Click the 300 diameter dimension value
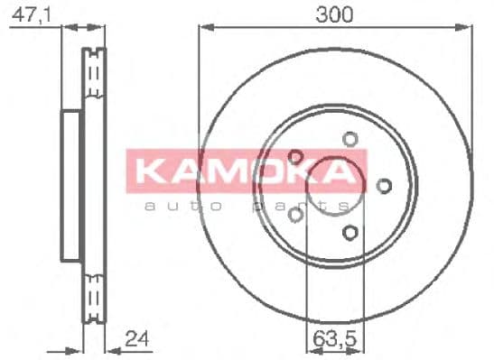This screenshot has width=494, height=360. pos(335,14)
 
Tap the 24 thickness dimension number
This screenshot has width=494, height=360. pos(136,340)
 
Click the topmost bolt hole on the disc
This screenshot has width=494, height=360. pos(350,139)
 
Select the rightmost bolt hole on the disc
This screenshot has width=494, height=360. pos(384,186)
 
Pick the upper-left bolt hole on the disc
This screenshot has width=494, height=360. pos(295,156)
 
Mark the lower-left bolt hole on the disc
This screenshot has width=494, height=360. pos(295,214)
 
